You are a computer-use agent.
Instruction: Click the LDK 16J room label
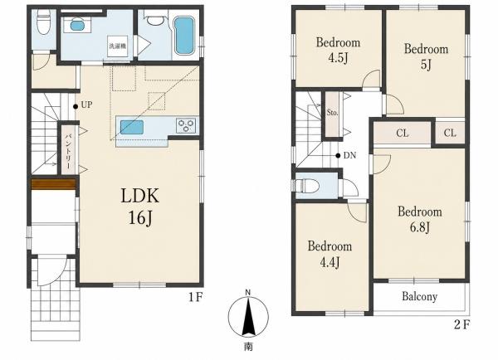(x=139, y=206)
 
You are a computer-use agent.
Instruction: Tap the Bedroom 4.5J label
(x=338, y=50)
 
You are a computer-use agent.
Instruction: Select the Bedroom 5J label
(x=426, y=57)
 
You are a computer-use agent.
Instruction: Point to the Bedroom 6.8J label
(x=419, y=219)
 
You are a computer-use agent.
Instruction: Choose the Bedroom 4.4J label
(x=330, y=254)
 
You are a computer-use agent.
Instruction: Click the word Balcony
(x=419, y=296)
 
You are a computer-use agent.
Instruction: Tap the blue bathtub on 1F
(x=184, y=36)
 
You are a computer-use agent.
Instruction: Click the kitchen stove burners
(x=186, y=125)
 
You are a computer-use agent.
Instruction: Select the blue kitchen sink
(x=132, y=127)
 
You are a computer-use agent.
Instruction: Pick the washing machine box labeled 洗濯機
(x=118, y=46)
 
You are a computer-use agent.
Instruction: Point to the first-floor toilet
(x=42, y=22)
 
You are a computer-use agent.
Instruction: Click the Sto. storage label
(x=332, y=112)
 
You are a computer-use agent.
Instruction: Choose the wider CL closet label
(x=402, y=133)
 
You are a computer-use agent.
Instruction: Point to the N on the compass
(x=248, y=292)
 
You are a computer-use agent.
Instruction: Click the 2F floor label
(x=462, y=325)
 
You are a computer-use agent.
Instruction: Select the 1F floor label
(x=196, y=298)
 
